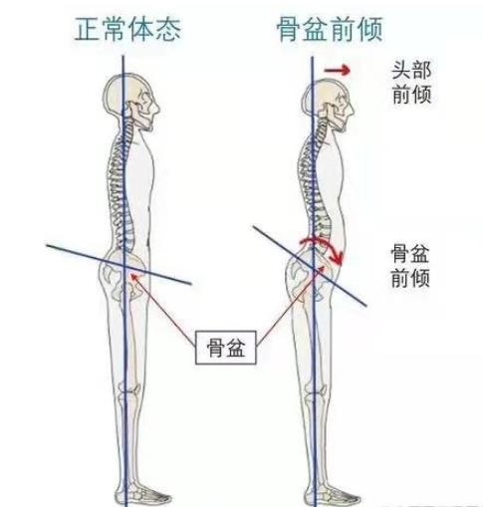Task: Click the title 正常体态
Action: [127, 30]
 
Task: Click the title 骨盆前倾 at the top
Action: [330, 30]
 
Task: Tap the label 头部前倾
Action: [411, 83]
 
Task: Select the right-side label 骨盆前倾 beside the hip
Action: [410, 266]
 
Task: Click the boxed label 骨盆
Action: [226, 348]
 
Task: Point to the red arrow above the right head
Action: [338, 71]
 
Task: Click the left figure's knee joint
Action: [130, 389]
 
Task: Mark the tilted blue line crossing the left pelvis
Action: [119, 265]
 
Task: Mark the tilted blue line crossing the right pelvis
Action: [310, 266]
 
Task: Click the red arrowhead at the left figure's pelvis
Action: [133, 276]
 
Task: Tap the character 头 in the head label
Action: [401, 71]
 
